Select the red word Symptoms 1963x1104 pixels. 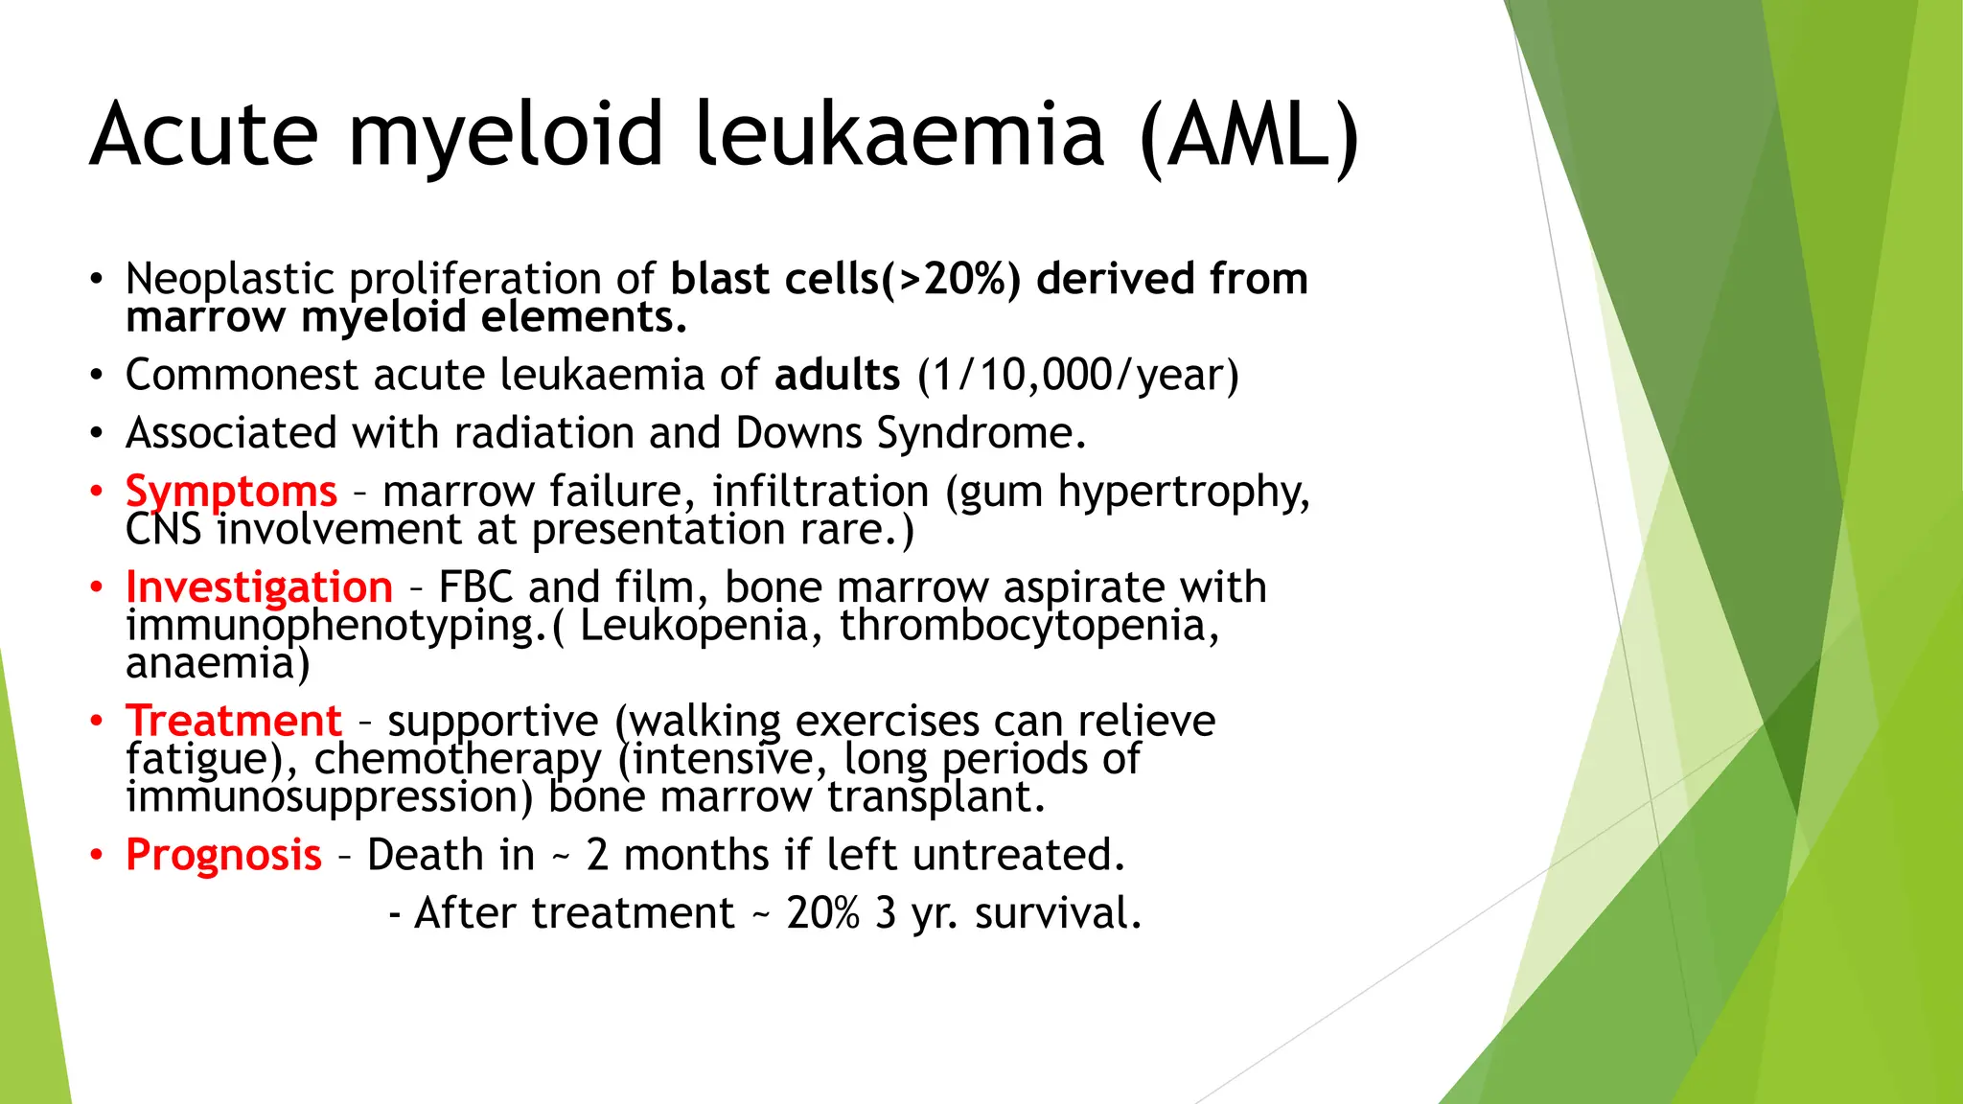(x=231, y=491)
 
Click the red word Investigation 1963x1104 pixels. (x=259, y=586)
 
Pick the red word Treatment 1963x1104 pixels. (x=233, y=721)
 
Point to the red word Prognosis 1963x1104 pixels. (x=223, y=855)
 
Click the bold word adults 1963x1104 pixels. (x=837, y=375)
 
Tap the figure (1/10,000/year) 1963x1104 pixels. (x=1078, y=375)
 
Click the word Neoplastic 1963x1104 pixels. (x=229, y=280)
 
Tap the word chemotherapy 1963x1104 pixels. (x=457, y=760)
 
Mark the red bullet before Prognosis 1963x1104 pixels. (x=96, y=855)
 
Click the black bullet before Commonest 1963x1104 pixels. (x=96, y=375)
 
